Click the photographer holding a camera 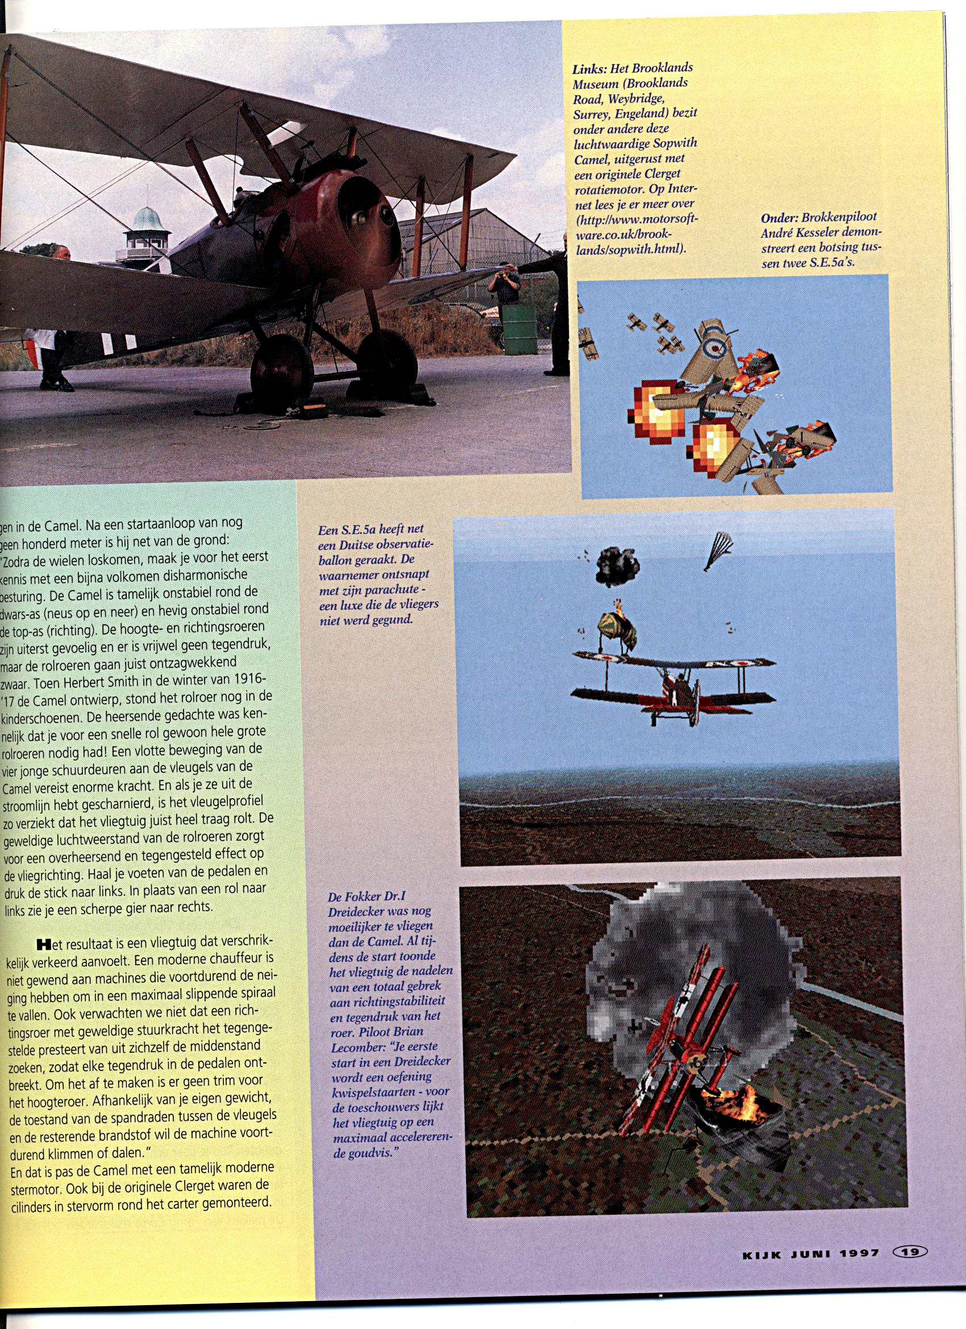coord(503,287)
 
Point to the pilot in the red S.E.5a coord(681,682)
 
